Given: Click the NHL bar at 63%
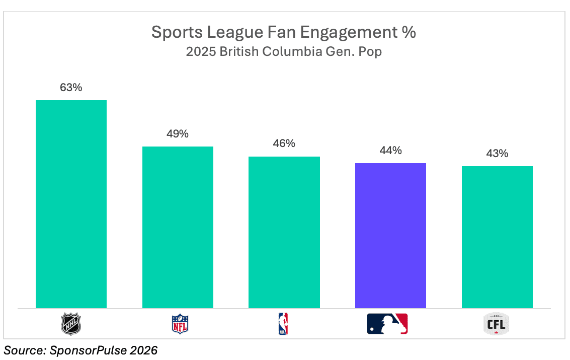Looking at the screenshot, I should [x=71, y=204].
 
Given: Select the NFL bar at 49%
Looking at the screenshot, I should [x=178, y=227].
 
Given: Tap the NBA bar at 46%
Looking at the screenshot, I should [x=284, y=232].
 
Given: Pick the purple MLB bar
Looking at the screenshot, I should [x=390, y=235].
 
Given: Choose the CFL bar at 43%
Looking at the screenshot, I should [x=497, y=237].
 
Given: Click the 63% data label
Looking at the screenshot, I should [x=71, y=88].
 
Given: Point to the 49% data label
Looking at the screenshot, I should [x=178, y=134].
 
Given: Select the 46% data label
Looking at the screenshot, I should [x=284, y=143].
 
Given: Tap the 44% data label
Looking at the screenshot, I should [x=390, y=151].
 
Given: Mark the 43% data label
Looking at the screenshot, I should [x=497, y=154].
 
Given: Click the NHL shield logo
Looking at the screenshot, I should [x=71, y=324].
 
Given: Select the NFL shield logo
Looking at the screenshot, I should [x=180, y=324].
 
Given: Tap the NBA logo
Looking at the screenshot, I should [x=283, y=324].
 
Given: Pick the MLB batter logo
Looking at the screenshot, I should [x=387, y=324].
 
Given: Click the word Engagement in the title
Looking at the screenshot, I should [x=346, y=33].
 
